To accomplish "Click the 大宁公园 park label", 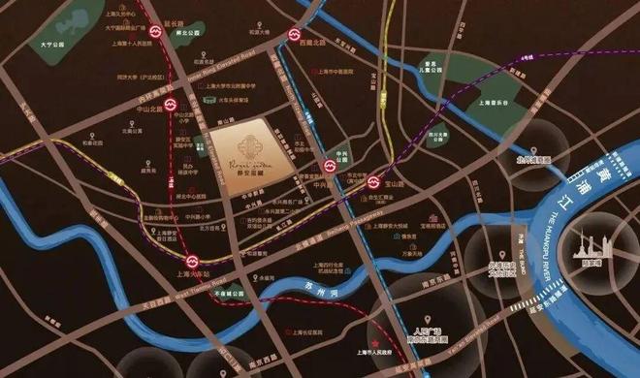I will click(x=40, y=44).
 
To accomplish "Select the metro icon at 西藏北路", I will click(x=294, y=38).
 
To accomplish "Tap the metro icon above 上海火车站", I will click(x=193, y=260).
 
